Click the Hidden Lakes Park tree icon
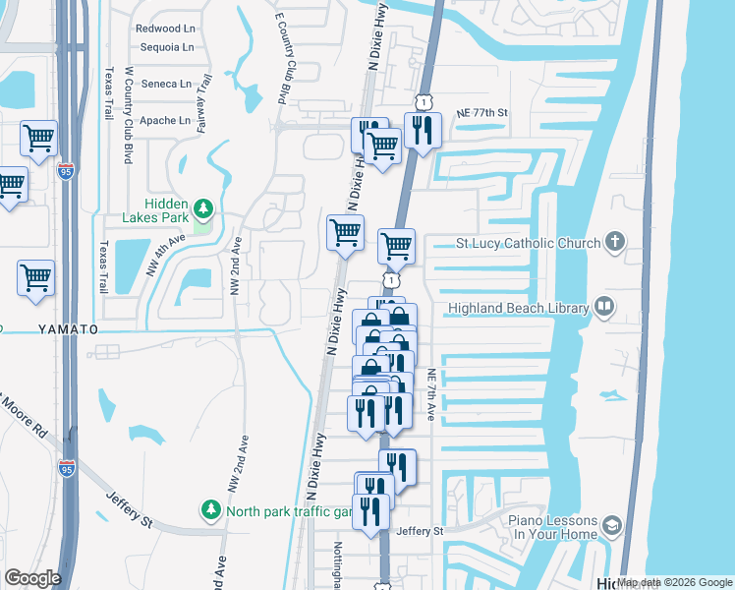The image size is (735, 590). [x=203, y=207]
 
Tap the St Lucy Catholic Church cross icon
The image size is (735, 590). [x=615, y=242]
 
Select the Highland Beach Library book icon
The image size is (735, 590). [x=603, y=308]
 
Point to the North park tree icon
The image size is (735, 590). [x=210, y=510]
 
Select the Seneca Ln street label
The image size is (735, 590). [x=167, y=84]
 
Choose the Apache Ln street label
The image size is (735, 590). [x=165, y=120]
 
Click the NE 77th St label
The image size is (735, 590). [x=481, y=113]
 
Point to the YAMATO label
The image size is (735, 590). [x=70, y=327]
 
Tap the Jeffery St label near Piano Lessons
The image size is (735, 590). [x=420, y=531]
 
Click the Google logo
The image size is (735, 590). [x=32, y=578]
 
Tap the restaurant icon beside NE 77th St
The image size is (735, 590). [x=423, y=131]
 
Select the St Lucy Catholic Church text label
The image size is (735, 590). [x=528, y=243]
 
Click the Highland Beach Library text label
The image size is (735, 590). [x=518, y=308]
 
